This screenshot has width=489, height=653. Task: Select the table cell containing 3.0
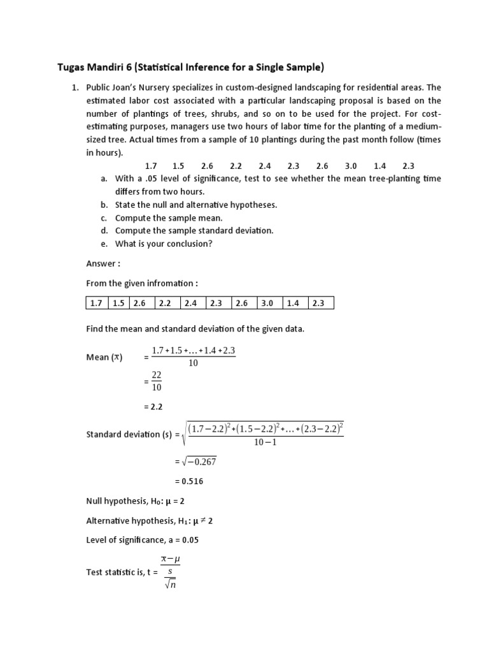269,303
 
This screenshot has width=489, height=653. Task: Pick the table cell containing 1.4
295,303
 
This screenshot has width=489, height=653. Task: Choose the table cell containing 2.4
194,303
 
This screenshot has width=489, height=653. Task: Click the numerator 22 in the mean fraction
157,376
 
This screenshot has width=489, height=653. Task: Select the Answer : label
103,263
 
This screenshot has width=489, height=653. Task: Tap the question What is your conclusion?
164,244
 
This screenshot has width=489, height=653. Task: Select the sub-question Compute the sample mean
169,218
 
